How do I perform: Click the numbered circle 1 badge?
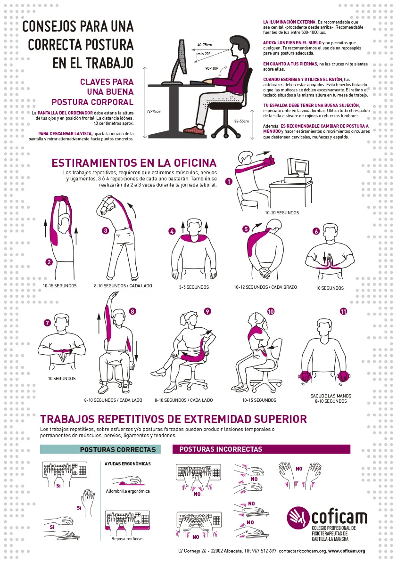pos(229,181)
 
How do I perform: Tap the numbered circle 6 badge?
pos(316,231)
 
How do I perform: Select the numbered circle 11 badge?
pos(343,311)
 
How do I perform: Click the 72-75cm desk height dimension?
pos(154,112)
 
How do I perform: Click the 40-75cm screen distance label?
pos(205,45)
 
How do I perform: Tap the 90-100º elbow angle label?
pos(212,68)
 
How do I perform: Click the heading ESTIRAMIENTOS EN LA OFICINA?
pos(134,163)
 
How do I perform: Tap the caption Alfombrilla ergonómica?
pos(127,491)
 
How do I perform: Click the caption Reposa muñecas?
pos(127,539)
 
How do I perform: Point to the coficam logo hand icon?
pos(298,518)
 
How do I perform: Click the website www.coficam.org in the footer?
pos(347,551)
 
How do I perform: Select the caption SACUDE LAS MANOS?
pos(331,396)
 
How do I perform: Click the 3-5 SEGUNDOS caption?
pos(194,287)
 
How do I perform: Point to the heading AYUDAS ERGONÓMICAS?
pos(127,464)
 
